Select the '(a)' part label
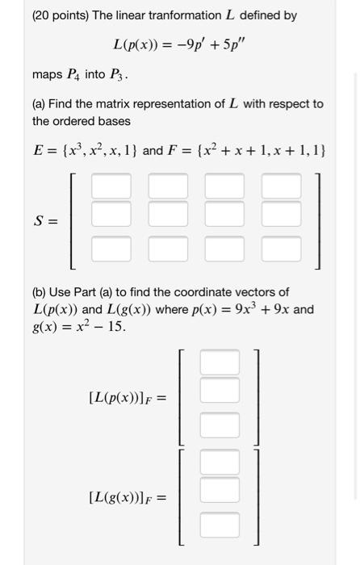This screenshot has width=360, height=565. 40,104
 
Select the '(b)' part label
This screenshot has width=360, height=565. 40,292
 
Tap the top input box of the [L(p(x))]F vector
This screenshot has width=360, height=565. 220,361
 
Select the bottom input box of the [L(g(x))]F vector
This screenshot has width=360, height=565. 220,526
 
